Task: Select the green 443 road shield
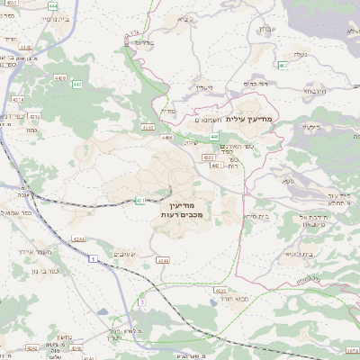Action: pyautogui.click(x=77, y=84)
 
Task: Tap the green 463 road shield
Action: pyautogui.click(x=283, y=65)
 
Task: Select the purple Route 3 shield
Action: pyautogui.click(x=141, y=302)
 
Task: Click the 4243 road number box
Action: pyautogui.click(x=163, y=260)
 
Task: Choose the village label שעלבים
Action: pyautogui.click(x=125, y=256)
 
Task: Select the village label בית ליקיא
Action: pyautogui.click(x=296, y=255)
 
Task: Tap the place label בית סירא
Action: pyautogui.click(x=256, y=217)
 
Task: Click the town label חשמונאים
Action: pyautogui.click(x=210, y=119)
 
